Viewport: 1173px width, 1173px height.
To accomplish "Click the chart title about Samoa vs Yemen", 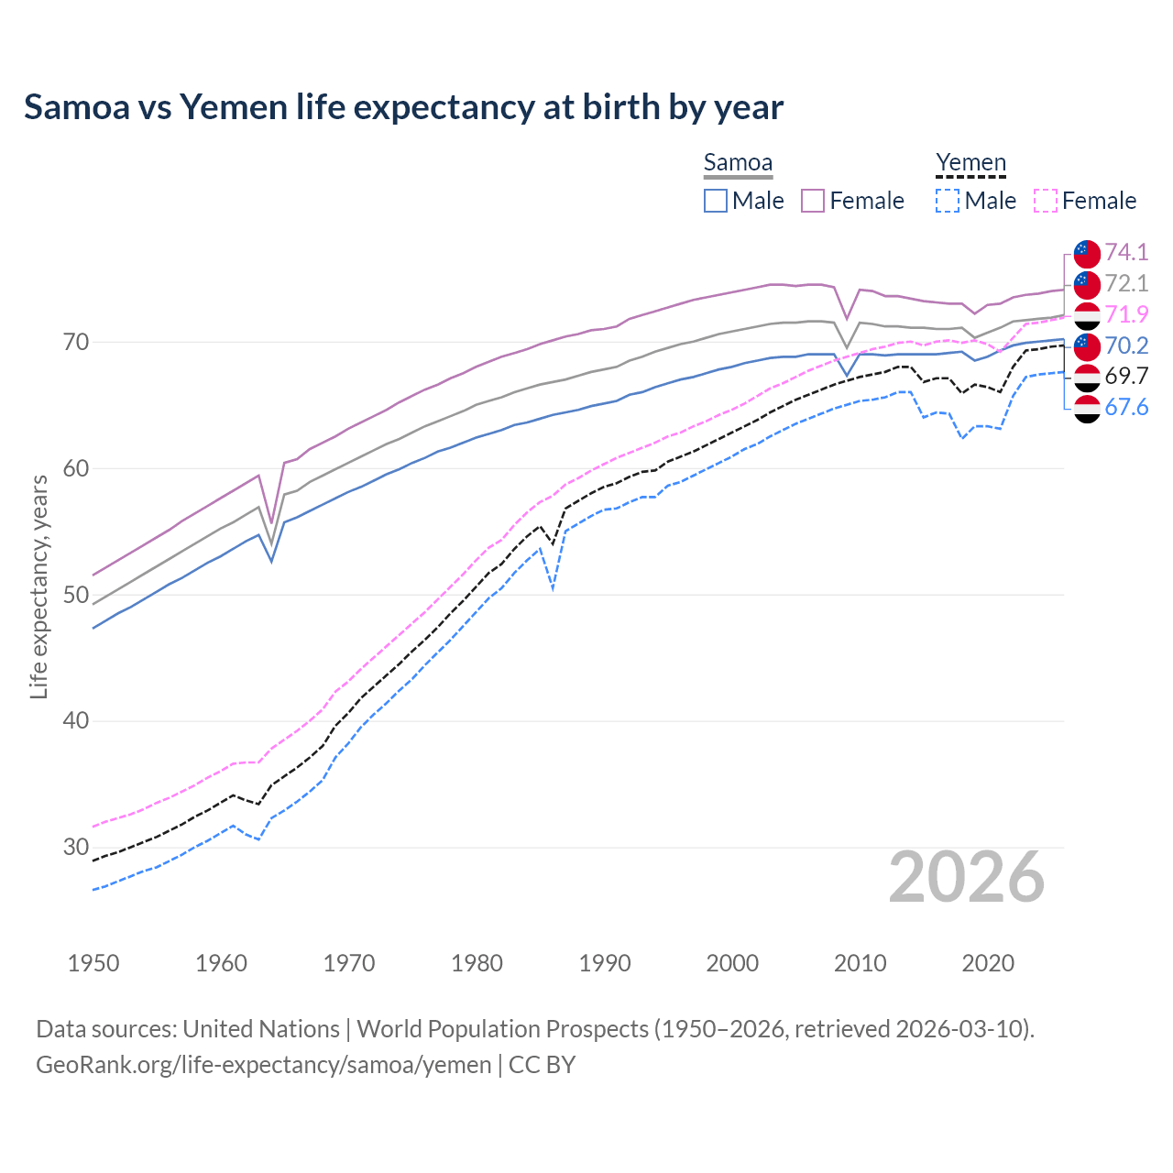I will coord(403,107).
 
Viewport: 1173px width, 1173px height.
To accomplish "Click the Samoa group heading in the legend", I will coord(738,163).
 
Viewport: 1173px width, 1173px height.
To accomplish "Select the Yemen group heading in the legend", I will coord(970,163).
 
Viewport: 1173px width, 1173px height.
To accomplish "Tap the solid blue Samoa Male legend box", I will coord(716,201).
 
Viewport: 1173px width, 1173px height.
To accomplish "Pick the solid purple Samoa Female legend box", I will coord(813,201).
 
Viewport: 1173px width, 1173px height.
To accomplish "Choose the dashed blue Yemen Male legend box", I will coord(948,201).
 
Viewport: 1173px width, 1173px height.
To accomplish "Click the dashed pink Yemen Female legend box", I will coord(1046,201).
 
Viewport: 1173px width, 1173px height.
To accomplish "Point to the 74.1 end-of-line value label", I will coord(1126,252).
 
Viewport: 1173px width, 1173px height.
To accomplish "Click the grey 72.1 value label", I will coord(1126,283).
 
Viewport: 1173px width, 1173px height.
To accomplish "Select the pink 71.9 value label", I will coord(1126,314).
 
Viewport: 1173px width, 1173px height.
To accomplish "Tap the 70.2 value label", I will coord(1126,345).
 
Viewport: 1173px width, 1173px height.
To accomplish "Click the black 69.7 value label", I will coord(1126,376).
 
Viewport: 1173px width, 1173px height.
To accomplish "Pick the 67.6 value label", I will coord(1126,407).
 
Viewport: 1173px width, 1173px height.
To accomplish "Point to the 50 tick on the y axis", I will coord(76,595).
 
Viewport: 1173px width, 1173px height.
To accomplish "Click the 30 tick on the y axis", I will coord(76,847).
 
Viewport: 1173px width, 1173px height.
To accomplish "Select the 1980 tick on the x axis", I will coord(477,963).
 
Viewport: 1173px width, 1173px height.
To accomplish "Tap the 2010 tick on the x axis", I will coord(860,963).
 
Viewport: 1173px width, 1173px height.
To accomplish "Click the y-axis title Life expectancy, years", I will coord(38,586).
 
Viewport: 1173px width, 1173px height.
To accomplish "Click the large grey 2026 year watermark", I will coord(967,877).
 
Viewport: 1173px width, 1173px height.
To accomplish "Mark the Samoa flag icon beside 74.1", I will coord(1087,253).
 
